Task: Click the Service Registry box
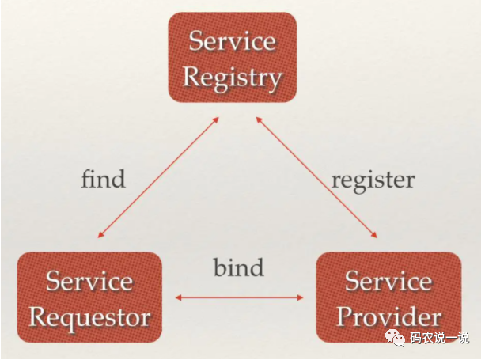tap(232, 57)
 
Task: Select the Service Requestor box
tap(89, 299)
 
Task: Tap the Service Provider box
tap(388, 299)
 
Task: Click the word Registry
tap(232, 77)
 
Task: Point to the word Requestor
tap(89, 317)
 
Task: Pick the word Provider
tap(388, 317)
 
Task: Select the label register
tap(373, 179)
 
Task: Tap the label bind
tap(238, 267)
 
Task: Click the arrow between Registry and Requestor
tap(158, 176)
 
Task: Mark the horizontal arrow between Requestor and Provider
tap(239, 297)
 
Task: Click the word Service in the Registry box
tap(231, 40)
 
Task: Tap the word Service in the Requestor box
tap(89, 281)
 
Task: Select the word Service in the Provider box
tap(388, 281)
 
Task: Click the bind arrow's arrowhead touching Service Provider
tap(301, 297)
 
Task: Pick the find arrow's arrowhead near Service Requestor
tap(100, 234)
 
